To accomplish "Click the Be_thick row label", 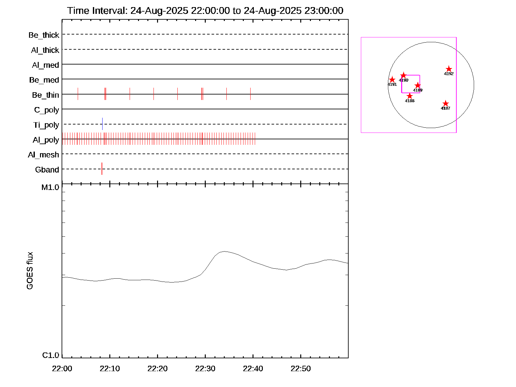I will click(44, 35).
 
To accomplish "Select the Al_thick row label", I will click(45, 50).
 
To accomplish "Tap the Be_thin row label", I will click(45, 95).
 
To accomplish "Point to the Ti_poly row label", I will click(46, 125).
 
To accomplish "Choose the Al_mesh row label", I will click(44, 155).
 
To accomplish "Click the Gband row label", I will click(47, 170).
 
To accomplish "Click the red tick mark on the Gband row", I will click(102, 169).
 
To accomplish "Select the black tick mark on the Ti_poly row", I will click(102, 124).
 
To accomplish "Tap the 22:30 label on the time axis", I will click(205, 369).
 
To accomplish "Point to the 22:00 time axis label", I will click(62, 369).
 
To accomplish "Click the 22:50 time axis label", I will click(301, 369).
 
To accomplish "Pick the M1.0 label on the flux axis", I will click(50, 187).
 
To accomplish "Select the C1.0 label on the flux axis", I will click(51, 355).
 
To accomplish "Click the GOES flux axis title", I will click(30, 271).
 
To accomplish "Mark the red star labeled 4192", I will click(449, 69).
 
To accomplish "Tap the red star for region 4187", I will click(445, 104).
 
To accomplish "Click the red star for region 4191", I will click(392, 80).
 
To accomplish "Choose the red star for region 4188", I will click(410, 96).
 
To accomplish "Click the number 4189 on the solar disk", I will click(418, 90).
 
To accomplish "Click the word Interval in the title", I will click(110, 11).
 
